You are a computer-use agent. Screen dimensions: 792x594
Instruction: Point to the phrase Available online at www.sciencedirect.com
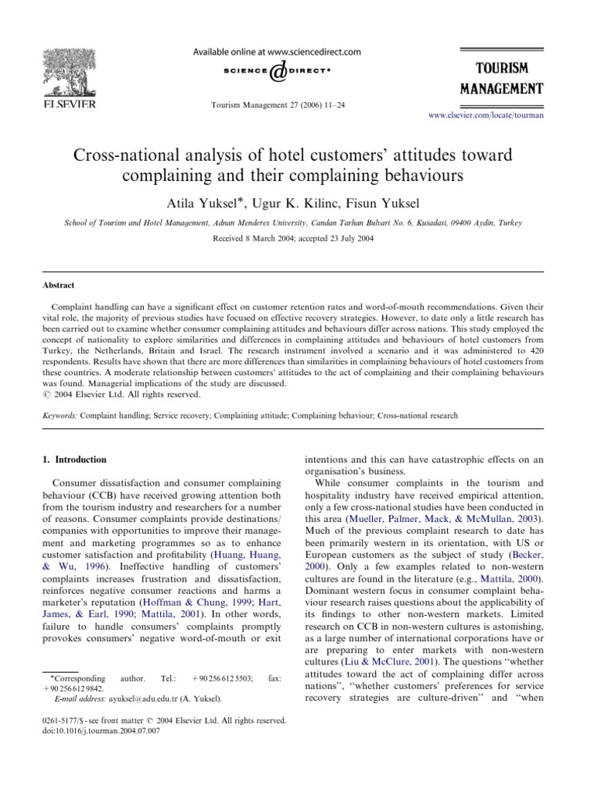pyautogui.click(x=276, y=52)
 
